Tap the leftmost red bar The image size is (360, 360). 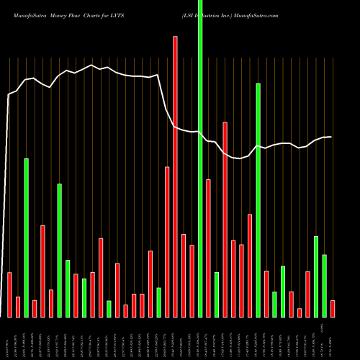point(9,294)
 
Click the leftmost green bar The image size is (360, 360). point(27,238)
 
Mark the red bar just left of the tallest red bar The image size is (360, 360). point(167,241)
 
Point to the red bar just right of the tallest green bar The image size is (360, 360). point(208,248)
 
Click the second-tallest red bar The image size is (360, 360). point(225,220)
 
